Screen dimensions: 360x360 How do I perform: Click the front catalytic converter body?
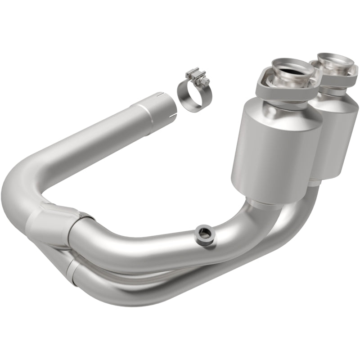pos(276,148)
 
